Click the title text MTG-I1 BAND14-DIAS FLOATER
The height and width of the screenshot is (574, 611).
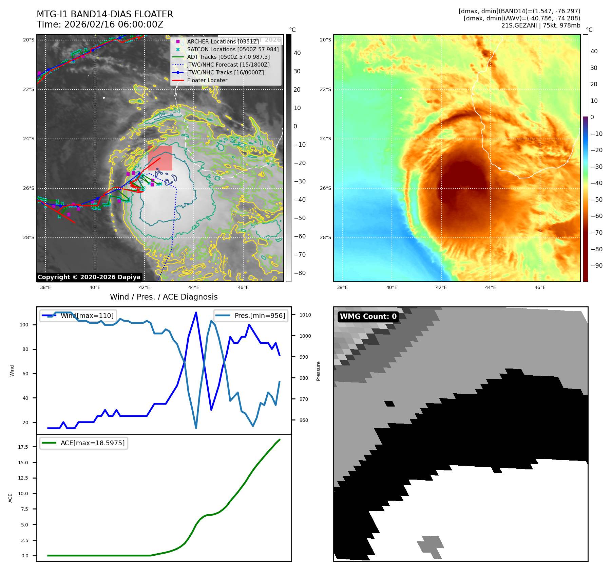click(x=105, y=14)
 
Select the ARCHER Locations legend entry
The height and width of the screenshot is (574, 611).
click(x=223, y=41)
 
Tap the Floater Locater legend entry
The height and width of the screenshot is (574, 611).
click(x=207, y=80)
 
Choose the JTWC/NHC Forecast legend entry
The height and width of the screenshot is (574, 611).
click(x=228, y=65)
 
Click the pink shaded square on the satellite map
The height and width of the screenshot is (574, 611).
click(x=160, y=158)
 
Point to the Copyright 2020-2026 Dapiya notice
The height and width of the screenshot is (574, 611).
click(x=89, y=277)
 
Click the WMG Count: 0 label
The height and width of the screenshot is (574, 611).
click(x=368, y=317)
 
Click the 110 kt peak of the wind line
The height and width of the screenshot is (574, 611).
click(x=196, y=312)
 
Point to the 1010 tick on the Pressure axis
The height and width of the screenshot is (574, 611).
click(x=305, y=315)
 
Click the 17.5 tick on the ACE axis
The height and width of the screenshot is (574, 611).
click(x=23, y=447)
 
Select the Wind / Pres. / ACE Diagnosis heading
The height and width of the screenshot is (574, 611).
click(x=164, y=297)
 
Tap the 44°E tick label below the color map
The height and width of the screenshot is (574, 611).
click(x=490, y=288)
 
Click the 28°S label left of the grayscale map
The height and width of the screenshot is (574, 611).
click(x=28, y=238)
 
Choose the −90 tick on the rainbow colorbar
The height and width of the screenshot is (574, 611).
click(x=596, y=266)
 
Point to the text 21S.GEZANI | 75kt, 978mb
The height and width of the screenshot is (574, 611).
click(x=540, y=25)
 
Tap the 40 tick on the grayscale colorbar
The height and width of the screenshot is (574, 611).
click(x=297, y=53)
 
